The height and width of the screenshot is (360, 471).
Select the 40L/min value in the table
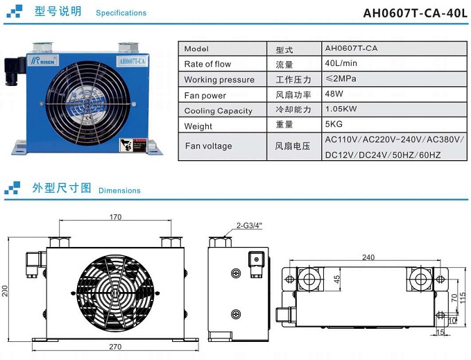tap(341, 64)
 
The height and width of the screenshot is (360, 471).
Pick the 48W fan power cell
tap(334, 94)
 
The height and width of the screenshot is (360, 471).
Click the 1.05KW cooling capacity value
tap(341, 110)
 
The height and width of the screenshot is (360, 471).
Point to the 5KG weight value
tap(334, 125)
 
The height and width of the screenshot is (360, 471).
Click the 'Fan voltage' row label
tap(208, 146)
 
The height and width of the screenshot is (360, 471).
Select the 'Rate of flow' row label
tap(207, 65)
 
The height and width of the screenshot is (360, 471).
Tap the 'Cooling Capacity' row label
tap(218, 111)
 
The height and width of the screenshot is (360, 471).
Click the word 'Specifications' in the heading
tap(121, 13)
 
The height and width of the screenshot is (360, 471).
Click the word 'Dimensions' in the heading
tap(119, 191)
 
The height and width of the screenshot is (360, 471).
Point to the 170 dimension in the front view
tap(116, 217)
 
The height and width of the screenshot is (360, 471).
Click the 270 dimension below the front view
tap(115, 346)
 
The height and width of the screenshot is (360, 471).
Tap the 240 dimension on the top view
tap(368, 257)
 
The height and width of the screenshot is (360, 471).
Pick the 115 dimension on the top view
tap(462, 296)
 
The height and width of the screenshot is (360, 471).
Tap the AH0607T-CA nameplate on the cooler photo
tap(132, 62)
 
